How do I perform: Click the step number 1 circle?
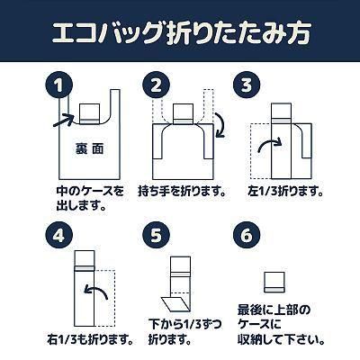coord(59,85)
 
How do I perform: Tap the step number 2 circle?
coord(156,85)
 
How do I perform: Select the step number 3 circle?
coord(247,85)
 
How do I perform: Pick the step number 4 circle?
coord(59,235)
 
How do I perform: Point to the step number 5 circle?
coord(156,235)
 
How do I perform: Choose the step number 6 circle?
coord(247,235)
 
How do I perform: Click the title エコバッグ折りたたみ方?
coord(181,32)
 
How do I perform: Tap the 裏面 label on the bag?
coord(89,148)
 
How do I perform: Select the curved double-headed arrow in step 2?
coord(220,125)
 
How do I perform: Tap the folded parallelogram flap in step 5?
coord(175,304)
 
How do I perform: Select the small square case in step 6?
coord(274,282)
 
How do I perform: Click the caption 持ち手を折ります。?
coord(182,192)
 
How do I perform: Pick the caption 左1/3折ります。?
coord(285,192)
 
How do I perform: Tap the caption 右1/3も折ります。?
coord(90,339)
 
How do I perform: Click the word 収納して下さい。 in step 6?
coord(282,339)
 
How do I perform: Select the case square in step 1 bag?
coord(90,113)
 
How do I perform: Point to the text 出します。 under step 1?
coord(82,206)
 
